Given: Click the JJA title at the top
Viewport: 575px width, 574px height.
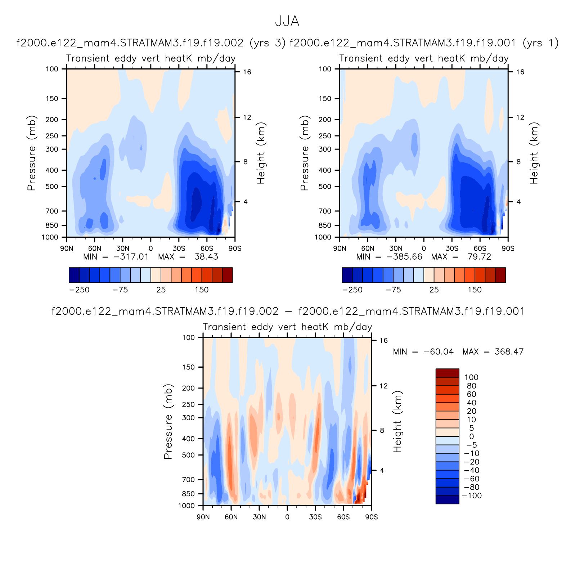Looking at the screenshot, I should (x=287, y=22).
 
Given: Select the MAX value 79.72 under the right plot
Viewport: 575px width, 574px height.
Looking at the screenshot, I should (x=479, y=257).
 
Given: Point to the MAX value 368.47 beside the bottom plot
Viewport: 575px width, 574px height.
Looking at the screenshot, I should (x=509, y=352).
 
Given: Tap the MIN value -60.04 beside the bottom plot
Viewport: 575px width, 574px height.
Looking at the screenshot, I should (x=438, y=352).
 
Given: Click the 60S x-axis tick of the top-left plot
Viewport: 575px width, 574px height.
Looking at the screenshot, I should (x=207, y=248).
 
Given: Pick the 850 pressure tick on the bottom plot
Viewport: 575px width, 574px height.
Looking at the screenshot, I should (x=188, y=494).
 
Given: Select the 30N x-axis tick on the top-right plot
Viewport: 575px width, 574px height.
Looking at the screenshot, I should (x=396, y=248).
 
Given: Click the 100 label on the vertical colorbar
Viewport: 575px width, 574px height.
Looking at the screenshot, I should (x=471, y=377).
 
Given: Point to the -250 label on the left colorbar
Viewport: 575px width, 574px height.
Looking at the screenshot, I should (x=79, y=290).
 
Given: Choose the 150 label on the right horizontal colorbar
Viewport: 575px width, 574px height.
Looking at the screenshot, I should (x=475, y=290).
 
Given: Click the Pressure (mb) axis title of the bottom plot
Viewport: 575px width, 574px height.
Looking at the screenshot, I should (x=168, y=421).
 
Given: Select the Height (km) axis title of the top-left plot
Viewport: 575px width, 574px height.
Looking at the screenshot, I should (x=261, y=153).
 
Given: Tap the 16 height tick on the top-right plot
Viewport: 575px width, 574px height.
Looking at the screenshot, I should (x=520, y=72).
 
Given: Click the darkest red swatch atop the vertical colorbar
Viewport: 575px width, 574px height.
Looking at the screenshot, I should (x=447, y=373).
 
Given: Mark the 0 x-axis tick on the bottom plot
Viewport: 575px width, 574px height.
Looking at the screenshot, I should (x=287, y=517).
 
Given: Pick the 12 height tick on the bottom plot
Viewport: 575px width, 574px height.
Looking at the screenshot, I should (x=384, y=386).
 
